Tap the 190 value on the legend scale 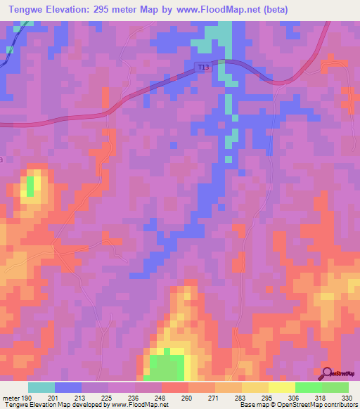26,398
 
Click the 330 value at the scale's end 347,398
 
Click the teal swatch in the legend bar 41,387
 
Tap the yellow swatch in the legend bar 281,387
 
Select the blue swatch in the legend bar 68,387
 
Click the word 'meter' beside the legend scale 10,398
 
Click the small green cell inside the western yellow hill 30,186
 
